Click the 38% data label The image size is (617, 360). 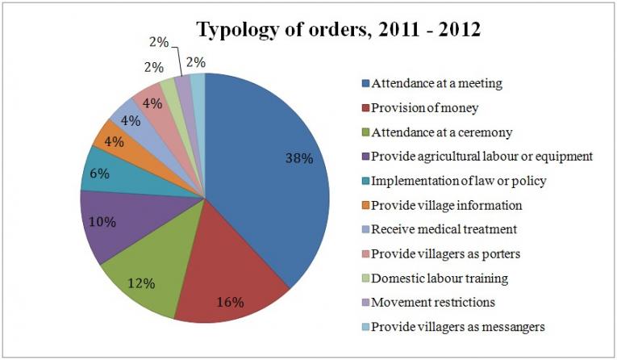pos(298,159)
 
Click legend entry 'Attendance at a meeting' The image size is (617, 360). pos(439,82)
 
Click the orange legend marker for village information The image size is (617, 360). pos(365,204)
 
